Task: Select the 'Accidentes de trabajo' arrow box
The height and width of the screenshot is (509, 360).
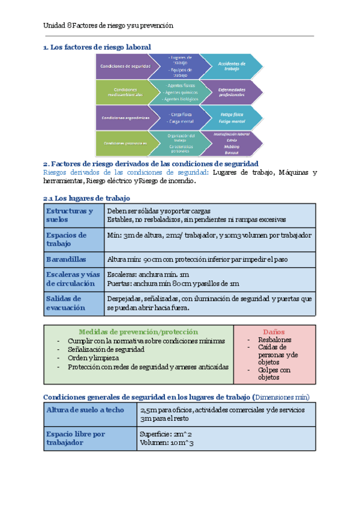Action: click(x=230, y=66)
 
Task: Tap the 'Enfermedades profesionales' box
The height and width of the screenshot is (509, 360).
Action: click(x=230, y=92)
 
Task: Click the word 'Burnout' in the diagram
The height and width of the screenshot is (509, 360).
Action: click(x=231, y=152)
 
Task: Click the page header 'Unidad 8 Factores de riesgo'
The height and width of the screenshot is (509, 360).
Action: click(x=108, y=26)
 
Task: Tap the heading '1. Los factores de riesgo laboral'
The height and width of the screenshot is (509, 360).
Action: click(x=97, y=47)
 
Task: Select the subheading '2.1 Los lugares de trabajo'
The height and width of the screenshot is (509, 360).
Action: click(x=86, y=197)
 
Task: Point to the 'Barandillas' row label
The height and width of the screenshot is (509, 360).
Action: click(x=67, y=259)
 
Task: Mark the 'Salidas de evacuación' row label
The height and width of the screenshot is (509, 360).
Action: click(x=66, y=303)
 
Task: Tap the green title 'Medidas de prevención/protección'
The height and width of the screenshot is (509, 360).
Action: click(x=139, y=332)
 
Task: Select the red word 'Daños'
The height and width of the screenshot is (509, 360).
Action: click(x=274, y=332)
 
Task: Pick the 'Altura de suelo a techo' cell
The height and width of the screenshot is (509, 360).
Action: click(x=85, y=409)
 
